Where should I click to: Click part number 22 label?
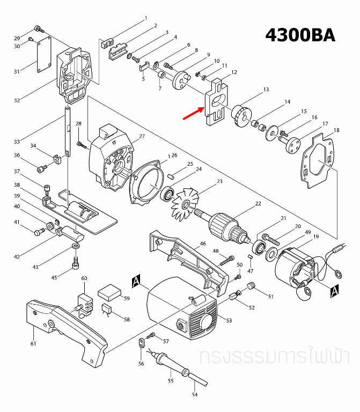click(258, 204)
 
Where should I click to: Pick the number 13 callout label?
click(266, 90)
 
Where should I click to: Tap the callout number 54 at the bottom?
click(195, 395)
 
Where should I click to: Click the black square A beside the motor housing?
click(136, 281)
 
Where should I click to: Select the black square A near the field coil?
click(334, 290)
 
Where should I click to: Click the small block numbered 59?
click(110, 292)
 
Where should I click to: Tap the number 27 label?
click(142, 137)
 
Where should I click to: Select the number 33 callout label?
click(17, 142)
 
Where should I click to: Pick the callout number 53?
click(229, 321)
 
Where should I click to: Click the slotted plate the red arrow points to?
click(216, 102)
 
